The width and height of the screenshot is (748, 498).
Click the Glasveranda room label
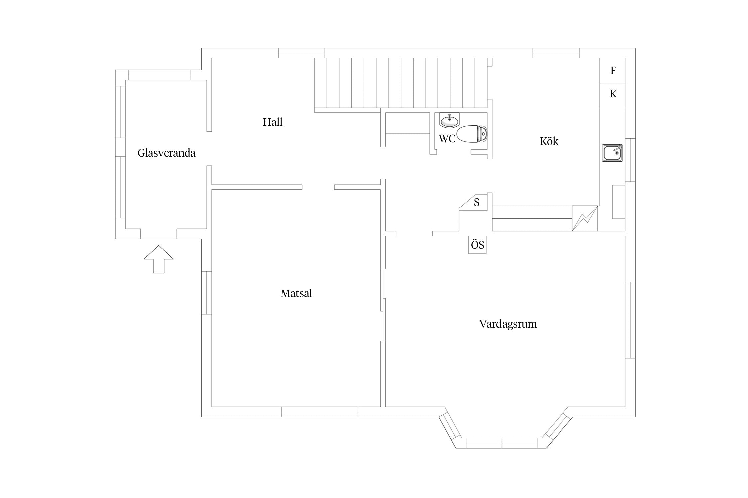167,153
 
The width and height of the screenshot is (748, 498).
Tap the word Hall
273,122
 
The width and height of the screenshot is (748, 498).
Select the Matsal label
296,293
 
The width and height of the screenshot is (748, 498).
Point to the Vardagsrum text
508,324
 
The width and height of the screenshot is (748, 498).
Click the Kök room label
549,141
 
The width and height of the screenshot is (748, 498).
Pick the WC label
447,139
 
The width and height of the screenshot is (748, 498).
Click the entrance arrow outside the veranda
159,259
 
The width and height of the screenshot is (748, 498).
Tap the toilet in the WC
472,134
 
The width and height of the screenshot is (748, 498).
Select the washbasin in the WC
450,121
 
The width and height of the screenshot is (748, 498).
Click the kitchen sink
612,153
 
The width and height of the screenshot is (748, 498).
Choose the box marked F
612,71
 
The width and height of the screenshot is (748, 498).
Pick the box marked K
612,96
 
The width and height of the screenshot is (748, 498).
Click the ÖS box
477,245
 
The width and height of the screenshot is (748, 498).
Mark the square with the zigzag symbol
585,218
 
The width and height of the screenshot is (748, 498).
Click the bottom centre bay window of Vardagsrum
502,443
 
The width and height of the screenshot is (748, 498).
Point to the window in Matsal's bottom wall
320,412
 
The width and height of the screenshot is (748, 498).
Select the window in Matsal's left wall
207,293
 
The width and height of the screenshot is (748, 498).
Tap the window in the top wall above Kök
556,53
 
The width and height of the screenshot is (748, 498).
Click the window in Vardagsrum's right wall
630,320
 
